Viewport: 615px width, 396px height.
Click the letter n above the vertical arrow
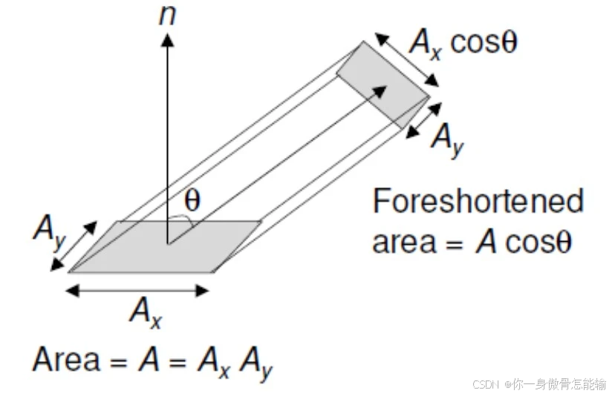(168, 16)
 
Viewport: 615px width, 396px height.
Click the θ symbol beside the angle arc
(192, 199)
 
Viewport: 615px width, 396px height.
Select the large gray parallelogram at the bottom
(163, 247)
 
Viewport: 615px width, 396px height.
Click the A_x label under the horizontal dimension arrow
(145, 310)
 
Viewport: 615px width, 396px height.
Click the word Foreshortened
(478, 202)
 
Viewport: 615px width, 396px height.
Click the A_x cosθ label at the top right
(462, 44)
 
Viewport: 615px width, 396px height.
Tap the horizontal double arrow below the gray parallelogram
(138, 291)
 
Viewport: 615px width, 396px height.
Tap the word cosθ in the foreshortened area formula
(539, 242)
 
